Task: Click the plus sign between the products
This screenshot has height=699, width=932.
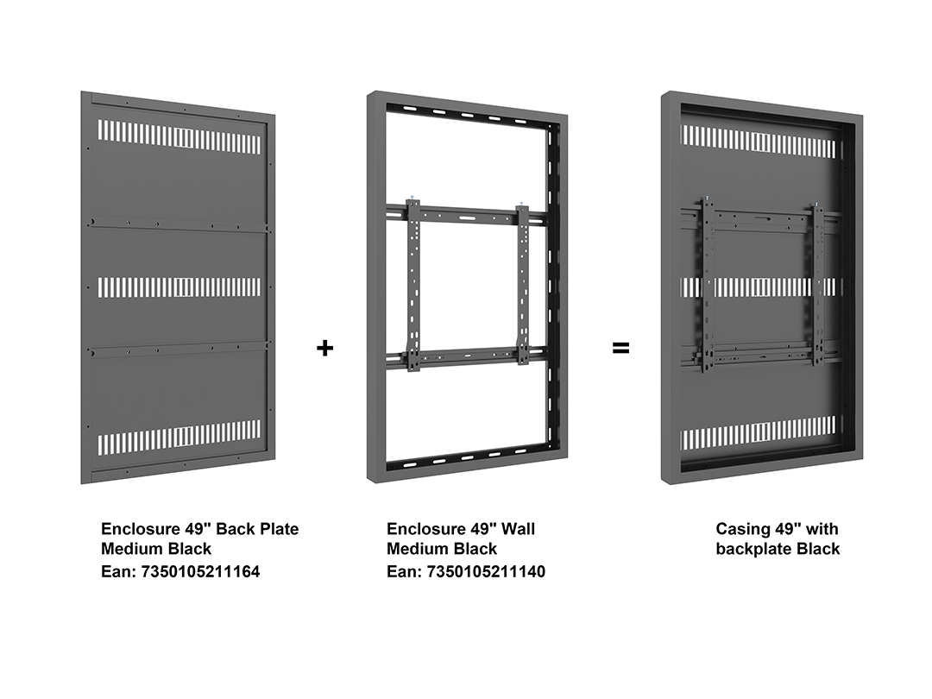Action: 324,348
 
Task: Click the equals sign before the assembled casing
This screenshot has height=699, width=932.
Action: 620,348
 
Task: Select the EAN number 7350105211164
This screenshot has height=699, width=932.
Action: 200,572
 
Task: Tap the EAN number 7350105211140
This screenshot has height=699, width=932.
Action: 486,572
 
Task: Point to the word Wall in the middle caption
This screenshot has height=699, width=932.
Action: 517,528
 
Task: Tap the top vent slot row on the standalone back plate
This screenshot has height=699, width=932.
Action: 179,136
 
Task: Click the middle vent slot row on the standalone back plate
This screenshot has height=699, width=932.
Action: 179,287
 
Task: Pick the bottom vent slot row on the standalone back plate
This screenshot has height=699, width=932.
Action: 179,438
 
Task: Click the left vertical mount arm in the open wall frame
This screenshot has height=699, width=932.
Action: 413,286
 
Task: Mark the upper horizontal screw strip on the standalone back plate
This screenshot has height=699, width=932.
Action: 179,224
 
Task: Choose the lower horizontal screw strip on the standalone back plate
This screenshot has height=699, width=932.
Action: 179,349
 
